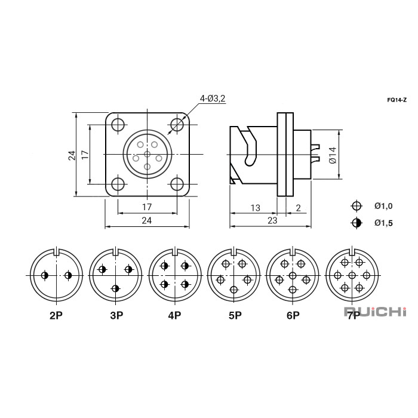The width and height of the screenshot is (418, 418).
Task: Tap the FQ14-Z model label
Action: [397, 100]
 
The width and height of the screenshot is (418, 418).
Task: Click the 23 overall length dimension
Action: [272, 220]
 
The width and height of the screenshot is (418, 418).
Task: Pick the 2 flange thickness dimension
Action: [297, 208]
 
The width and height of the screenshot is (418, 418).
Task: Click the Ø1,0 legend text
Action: [383, 206]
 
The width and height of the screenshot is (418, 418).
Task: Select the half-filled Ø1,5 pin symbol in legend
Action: [356, 223]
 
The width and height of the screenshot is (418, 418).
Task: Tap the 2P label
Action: [56, 315]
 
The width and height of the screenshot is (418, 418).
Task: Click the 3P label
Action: [115, 315]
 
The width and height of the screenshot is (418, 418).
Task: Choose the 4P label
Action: [174, 315]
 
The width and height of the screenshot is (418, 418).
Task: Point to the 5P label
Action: [233, 315]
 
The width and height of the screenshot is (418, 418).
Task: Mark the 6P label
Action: [293, 315]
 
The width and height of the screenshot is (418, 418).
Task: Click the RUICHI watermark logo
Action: [375, 311]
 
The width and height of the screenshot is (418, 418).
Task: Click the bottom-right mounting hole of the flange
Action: [177, 184]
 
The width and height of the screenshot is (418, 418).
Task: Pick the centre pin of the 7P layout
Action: [352, 275]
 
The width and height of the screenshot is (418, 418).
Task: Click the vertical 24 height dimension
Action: [72, 155]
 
